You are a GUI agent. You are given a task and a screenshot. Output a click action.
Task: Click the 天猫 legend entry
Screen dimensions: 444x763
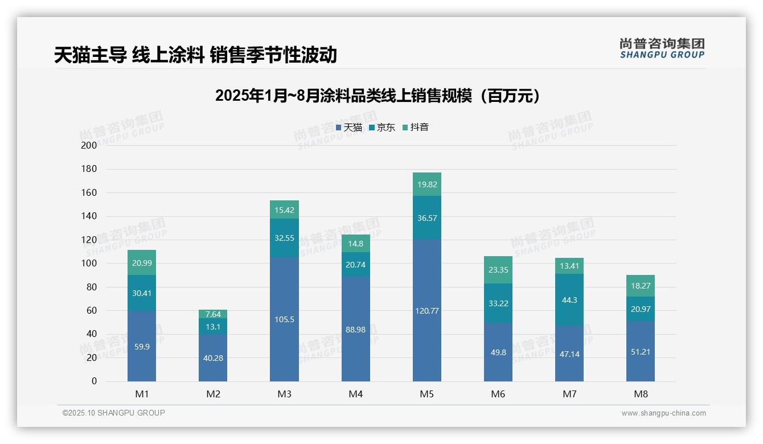349,128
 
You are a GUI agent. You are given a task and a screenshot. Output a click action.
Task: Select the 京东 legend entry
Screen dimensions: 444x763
382,128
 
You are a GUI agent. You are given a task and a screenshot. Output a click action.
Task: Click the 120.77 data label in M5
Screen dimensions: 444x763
427,311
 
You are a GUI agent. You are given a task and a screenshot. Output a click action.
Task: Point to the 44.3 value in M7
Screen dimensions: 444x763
569,300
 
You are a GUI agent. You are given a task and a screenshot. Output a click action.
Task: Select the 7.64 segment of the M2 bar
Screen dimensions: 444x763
213,314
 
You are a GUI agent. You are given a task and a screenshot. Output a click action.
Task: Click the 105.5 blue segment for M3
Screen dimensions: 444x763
284,319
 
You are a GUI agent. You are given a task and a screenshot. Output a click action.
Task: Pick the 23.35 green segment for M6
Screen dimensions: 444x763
498,270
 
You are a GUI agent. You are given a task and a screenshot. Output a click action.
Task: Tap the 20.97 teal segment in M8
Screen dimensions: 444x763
641,309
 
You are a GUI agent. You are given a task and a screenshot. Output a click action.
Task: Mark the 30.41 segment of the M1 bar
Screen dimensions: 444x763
142,293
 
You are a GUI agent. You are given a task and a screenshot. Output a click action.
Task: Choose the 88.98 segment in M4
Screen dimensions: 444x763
356,329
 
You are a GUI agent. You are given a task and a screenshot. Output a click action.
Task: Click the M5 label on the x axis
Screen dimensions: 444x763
427,394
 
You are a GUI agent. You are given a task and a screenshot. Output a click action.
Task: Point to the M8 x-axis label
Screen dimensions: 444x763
641,394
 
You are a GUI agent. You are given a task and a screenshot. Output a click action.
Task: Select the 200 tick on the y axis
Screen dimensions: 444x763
89,145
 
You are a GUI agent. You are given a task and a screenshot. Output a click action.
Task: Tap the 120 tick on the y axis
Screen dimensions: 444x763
89,240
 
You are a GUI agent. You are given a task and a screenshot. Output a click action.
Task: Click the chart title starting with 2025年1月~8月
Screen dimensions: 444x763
378,96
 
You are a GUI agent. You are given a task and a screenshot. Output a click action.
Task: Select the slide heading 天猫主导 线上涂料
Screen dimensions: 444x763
195,55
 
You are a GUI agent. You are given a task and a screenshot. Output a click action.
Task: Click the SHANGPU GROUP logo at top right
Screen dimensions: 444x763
662,48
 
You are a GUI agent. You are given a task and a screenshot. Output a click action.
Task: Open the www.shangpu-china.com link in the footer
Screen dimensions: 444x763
663,413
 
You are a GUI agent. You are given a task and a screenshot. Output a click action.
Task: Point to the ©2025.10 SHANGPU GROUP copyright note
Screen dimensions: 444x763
114,413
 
